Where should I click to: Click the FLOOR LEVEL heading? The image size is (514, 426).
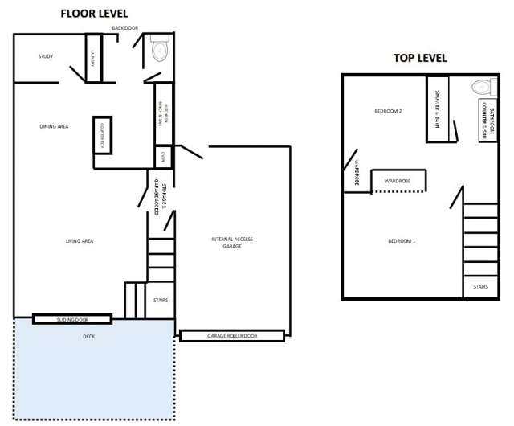(x=94, y=14)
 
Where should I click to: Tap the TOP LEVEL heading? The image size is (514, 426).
(x=419, y=58)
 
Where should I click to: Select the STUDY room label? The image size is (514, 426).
(x=46, y=57)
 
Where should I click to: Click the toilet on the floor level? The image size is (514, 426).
(x=159, y=50)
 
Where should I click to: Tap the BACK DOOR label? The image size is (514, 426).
(x=125, y=27)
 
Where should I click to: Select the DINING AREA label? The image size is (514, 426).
(x=54, y=126)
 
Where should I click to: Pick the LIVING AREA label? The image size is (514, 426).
(x=80, y=240)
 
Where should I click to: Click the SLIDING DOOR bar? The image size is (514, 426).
(x=71, y=319)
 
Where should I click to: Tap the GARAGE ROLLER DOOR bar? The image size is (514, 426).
(x=231, y=336)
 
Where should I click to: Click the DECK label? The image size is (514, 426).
(x=88, y=337)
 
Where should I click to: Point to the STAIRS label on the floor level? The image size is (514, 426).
(x=161, y=301)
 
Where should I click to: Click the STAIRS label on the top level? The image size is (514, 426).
(x=480, y=286)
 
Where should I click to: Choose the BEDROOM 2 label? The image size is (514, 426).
(x=388, y=110)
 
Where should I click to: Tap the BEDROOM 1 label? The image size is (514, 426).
(x=401, y=241)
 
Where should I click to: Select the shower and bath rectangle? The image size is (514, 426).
(x=437, y=109)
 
